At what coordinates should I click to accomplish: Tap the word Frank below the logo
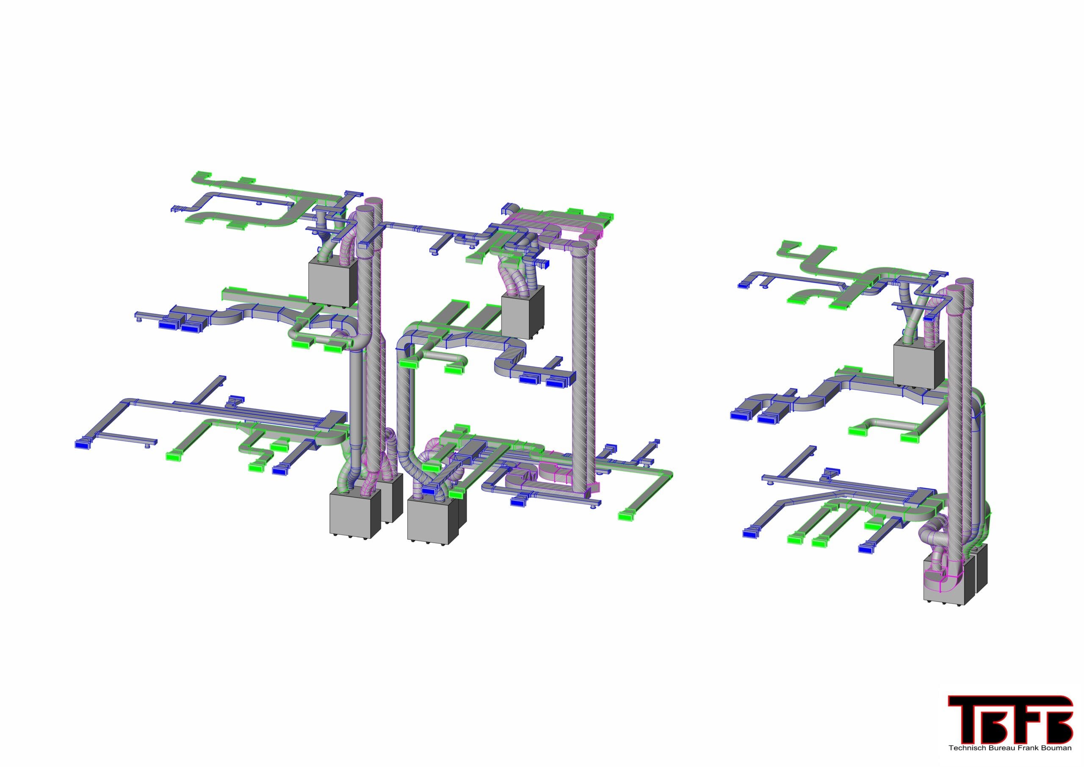[x=1022, y=748]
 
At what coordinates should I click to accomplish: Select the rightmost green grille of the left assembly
[x=628, y=515]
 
